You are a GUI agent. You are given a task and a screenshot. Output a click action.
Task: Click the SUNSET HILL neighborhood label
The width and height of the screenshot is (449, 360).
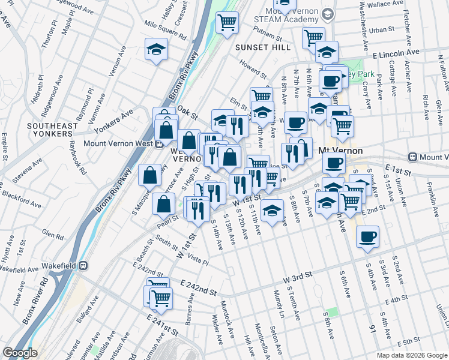click(x=262, y=47)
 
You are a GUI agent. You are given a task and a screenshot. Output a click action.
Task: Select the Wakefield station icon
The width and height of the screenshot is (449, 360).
click(x=85, y=265)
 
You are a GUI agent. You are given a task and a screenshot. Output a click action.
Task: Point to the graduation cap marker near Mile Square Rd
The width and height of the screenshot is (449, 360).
click(x=157, y=50)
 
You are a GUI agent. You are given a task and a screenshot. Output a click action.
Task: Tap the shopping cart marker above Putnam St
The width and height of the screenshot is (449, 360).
click(x=227, y=24)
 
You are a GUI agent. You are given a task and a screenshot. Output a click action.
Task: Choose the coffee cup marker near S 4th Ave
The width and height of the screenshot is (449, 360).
click(x=368, y=237)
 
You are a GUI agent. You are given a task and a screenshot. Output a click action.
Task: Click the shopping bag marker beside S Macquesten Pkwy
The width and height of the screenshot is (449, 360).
click(x=149, y=175)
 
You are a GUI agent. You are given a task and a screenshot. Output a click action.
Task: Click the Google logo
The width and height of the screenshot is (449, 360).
click(x=20, y=353)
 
